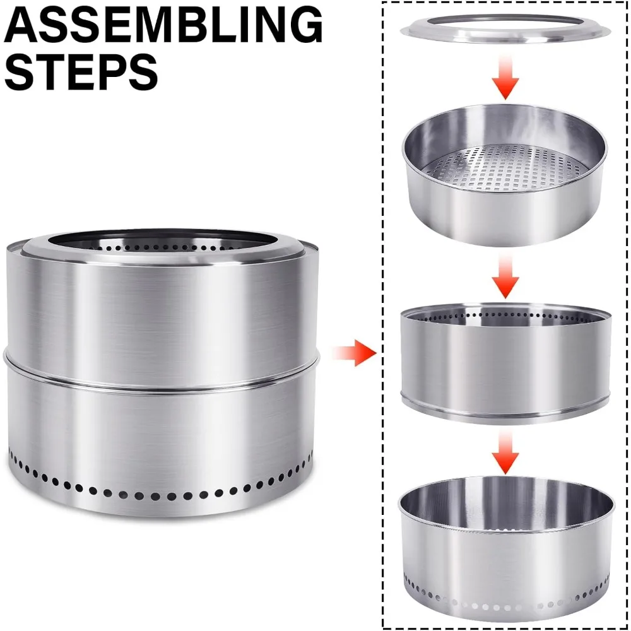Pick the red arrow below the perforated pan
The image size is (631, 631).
tap(505, 278)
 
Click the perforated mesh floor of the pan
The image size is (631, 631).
tap(505, 165)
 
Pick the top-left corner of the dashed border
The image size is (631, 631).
tap(384, 3)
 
